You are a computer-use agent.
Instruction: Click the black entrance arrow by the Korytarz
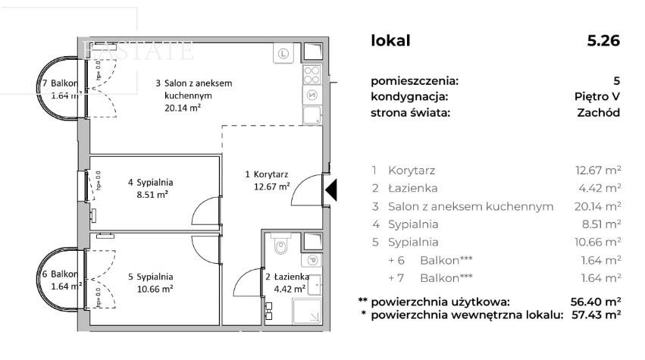[330, 189]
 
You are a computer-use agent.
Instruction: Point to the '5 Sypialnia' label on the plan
[150, 277]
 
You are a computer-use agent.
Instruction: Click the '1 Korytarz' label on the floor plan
[267, 175]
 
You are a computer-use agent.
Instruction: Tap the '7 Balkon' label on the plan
[60, 83]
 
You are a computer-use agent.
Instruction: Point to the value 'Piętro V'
[597, 96]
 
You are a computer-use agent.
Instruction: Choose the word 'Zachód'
[598, 112]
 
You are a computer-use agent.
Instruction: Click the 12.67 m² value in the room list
[598, 171]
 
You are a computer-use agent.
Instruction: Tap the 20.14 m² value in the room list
[598, 206]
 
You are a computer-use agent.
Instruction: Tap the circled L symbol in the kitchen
[283, 53]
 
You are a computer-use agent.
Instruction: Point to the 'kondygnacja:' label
[409, 96]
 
